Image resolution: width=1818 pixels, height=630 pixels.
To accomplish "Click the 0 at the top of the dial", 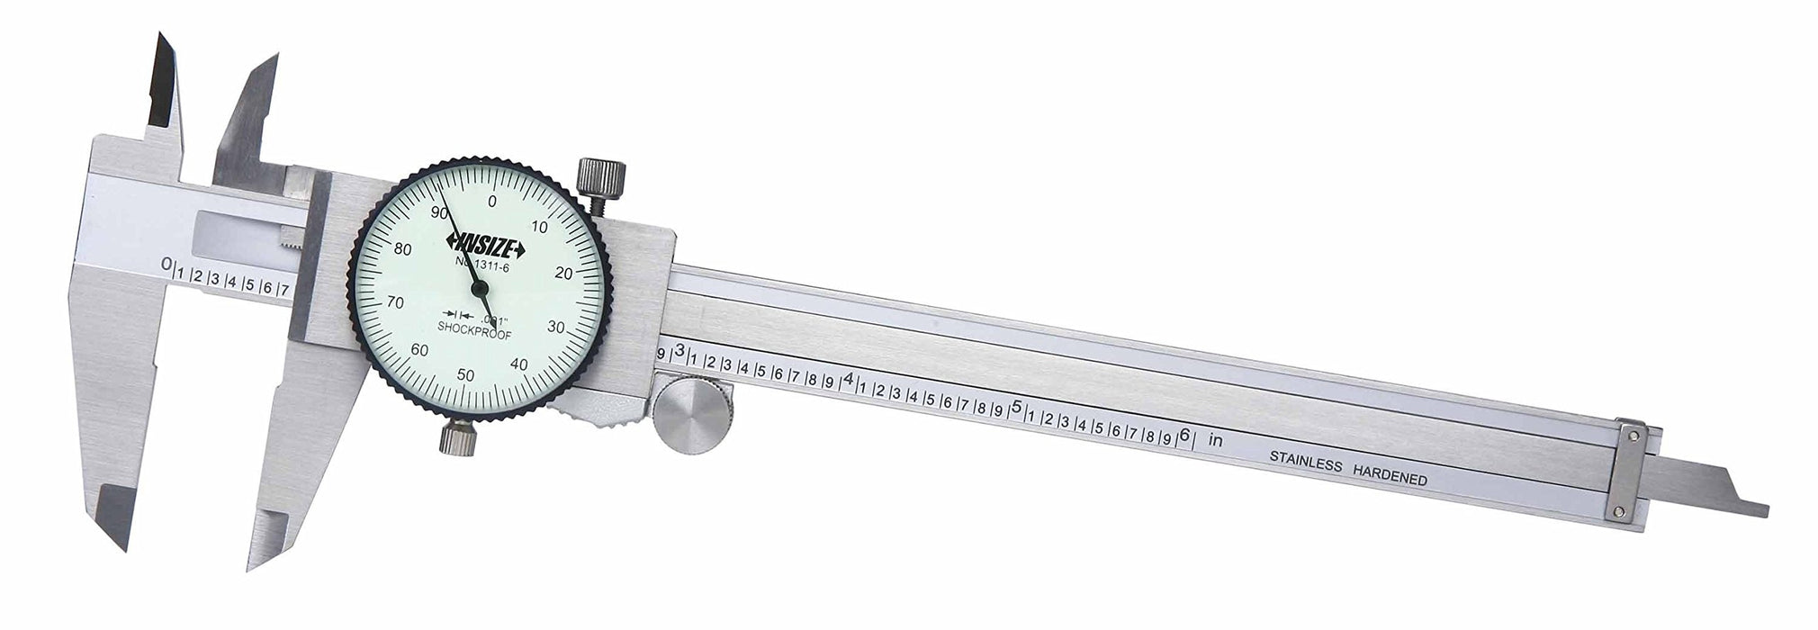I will pos(491,202).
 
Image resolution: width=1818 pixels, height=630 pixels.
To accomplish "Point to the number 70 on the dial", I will pos(394,302).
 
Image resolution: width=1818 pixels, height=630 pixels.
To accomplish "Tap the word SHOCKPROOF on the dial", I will pos(467,327).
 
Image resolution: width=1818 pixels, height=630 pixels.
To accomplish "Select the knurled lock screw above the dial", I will pos(599,180).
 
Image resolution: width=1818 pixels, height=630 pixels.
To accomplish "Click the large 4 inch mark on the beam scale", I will pos(848,379).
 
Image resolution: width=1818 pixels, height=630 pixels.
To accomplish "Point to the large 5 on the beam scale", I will pos(1017,407).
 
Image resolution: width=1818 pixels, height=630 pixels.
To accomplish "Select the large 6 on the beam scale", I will pos(1184,434).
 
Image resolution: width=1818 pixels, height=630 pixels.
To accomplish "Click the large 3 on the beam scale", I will pos(680,350).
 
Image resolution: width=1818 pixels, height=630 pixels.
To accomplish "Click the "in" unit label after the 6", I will pos(1215,441).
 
